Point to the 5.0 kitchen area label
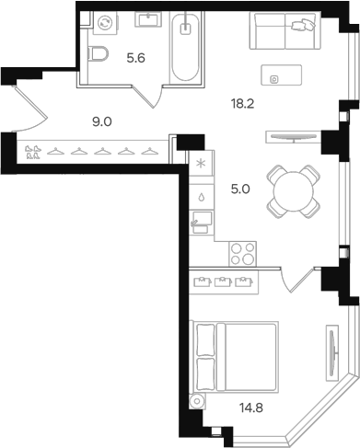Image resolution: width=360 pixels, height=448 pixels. (239, 190)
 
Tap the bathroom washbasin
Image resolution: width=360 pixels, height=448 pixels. (147, 20)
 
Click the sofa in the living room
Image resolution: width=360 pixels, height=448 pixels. (281, 34)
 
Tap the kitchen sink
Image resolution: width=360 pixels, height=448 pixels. (201, 221)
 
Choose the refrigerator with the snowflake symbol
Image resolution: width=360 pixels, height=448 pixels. (199, 166)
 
